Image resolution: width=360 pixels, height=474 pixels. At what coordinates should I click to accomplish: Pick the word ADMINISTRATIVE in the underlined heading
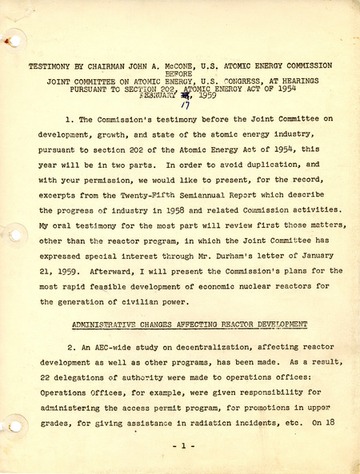[106, 325]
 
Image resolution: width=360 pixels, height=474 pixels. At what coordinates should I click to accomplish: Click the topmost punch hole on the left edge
[12, 40]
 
